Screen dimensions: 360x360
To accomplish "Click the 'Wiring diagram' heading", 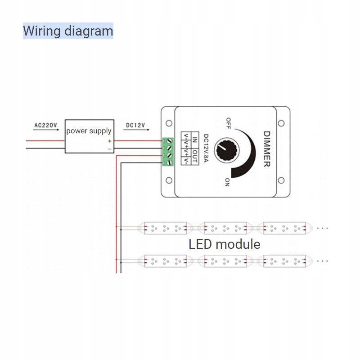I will pos(68,31).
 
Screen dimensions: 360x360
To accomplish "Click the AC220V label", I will pos(46,125).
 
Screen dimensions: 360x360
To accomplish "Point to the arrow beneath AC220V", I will pos(46,130).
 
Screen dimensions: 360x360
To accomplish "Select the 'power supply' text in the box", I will pos(89,131).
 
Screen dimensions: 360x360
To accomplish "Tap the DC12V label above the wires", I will pos(135,125).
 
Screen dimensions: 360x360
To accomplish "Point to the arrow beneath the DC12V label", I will pos(135,130).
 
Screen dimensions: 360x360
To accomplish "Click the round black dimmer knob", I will pos(224,148).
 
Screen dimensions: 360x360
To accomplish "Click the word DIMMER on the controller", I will pos(266,149).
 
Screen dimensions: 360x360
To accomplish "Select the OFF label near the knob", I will pos(229,122).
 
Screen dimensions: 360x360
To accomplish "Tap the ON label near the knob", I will pos(227,182).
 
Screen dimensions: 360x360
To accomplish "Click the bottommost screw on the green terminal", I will pos(169,163).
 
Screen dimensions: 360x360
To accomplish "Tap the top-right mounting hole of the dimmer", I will pos(281,123).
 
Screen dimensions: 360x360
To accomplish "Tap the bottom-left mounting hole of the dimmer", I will pos(169,180).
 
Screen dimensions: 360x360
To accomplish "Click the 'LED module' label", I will pos(224,244).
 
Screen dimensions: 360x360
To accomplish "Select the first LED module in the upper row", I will pos(164,228).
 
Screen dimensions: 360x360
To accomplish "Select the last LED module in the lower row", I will pos(285,261).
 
